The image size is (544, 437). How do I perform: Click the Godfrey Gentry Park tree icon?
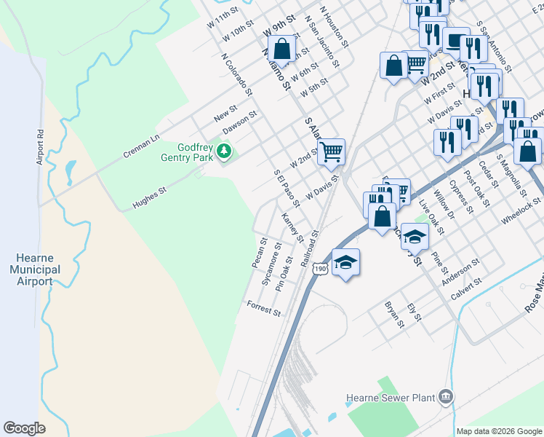click(x=225, y=151)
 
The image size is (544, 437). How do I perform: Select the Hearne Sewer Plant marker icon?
click(x=445, y=397)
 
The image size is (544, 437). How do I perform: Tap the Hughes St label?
click(x=149, y=199)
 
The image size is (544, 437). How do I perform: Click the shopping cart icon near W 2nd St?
click(x=331, y=151)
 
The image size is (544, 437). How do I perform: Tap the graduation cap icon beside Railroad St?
click(x=345, y=262)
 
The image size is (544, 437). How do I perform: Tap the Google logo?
click(x=25, y=428)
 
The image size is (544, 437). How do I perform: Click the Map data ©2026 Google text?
click(x=499, y=431)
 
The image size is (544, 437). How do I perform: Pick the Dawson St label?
click(x=240, y=122)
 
